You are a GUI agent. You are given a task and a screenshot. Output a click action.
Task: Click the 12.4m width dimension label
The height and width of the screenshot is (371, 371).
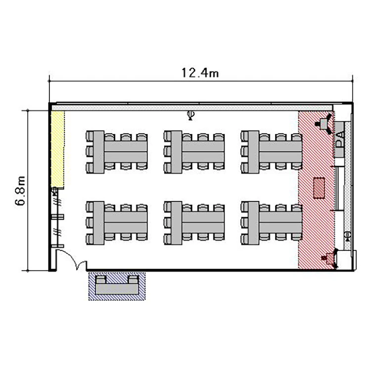200,73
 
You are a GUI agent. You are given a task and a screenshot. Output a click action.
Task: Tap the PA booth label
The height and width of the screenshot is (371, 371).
340,139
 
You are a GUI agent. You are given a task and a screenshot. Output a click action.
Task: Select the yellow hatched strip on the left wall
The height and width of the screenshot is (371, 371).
58,149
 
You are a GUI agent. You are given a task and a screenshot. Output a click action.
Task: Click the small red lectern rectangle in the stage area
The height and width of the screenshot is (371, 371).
319,188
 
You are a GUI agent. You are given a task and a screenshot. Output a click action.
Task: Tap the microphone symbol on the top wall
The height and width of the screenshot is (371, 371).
190,115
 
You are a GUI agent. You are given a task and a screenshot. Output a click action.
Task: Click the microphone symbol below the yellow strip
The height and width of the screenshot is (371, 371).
54,191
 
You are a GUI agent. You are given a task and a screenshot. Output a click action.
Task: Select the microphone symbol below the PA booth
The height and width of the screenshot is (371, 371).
347,236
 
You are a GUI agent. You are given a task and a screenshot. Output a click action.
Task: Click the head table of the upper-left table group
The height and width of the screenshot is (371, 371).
98,152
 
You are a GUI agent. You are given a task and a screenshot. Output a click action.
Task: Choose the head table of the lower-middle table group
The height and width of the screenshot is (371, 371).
176,223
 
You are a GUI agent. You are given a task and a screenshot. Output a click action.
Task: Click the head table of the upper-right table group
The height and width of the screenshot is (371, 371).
253,152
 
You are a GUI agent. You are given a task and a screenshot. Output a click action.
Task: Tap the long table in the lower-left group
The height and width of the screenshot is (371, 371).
126,223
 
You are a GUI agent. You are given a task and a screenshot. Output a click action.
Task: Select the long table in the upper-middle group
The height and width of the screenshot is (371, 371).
203,152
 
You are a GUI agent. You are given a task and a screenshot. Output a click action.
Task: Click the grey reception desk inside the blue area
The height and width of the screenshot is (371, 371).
117,289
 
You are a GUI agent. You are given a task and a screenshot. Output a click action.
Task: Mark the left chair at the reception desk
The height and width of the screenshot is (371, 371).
101,279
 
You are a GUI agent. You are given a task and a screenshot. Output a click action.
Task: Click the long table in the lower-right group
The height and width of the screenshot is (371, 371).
280,223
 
